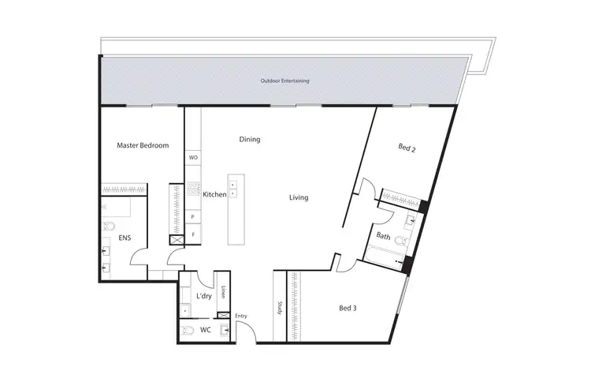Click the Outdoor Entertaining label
pyautogui.click(x=284, y=81)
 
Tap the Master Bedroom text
pyautogui.click(x=143, y=145)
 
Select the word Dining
pyautogui.click(x=250, y=140)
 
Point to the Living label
pyautogui.click(x=298, y=197)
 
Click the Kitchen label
pyautogui.click(x=214, y=194)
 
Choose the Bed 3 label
pyautogui.click(x=348, y=307)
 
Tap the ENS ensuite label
pyautogui.click(x=125, y=237)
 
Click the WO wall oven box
pyautogui.click(x=193, y=158)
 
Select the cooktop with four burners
pyautogui.click(x=193, y=189)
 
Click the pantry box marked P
pyautogui.click(x=193, y=216)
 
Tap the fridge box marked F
pyautogui.click(x=193, y=234)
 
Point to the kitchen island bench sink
pyautogui.click(x=233, y=189)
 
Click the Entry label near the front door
pyautogui.click(x=241, y=317)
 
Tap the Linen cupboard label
pyautogui.click(x=224, y=291)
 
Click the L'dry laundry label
pyautogui.click(x=203, y=297)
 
